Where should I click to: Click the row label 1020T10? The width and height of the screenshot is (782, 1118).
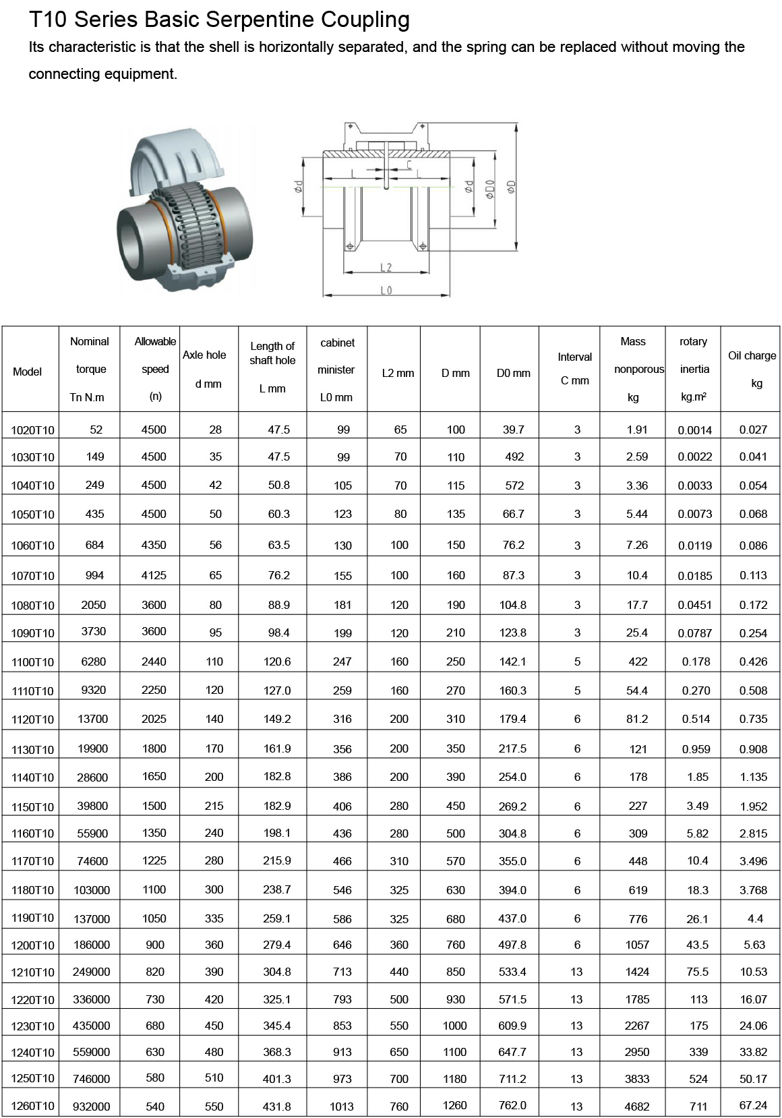[32, 430]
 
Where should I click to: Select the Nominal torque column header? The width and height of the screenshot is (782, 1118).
[90, 369]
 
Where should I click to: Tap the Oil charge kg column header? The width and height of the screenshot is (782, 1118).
[752, 369]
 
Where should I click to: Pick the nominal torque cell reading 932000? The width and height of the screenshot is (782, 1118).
[91, 1106]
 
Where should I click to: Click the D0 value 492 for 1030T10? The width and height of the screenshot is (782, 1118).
[514, 457]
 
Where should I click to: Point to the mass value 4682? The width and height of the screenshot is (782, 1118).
[637, 1106]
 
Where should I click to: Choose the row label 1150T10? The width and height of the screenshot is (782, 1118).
[32, 807]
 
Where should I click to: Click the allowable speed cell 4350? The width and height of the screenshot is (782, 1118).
[154, 545]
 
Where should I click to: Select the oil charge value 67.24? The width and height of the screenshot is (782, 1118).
[753, 1105]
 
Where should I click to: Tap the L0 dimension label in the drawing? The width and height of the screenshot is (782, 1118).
[386, 290]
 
